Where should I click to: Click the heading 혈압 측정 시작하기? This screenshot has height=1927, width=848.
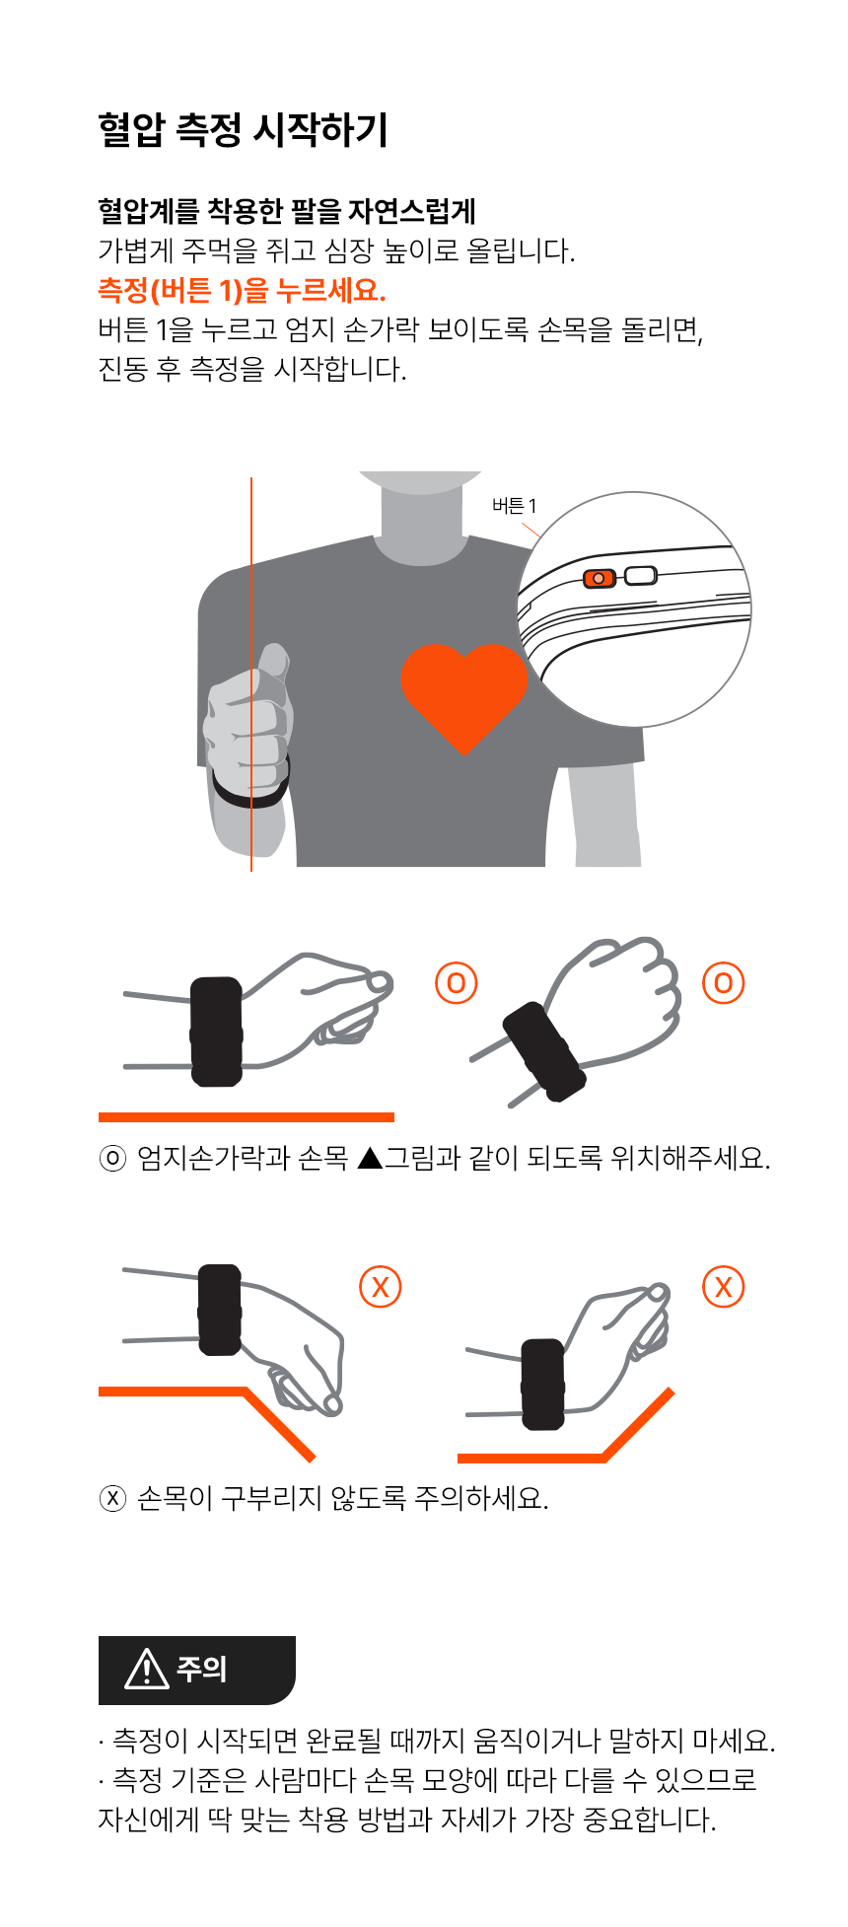tap(243, 129)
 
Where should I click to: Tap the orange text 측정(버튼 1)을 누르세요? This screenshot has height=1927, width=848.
tap(242, 290)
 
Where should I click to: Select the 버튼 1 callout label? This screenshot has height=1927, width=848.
tap(515, 506)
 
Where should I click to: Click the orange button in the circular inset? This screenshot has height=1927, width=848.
tap(600, 578)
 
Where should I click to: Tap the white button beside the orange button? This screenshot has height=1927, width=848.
tap(640, 575)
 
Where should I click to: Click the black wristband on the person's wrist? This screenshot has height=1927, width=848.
tap(250, 785)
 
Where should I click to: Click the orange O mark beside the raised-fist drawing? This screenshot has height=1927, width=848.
tap(723, 982)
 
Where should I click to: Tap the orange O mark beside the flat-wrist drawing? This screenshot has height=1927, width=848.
tap(456, 982)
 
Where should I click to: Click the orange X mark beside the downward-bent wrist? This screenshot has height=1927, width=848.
tap(381, 1286)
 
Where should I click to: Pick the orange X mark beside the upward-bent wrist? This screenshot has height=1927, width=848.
tap(724, 1286)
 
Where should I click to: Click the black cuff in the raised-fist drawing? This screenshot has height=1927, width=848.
tap(544, 1051)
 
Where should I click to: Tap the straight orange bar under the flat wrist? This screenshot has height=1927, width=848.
tap(247, 1117)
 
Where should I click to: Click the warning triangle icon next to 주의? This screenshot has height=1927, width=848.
tap(147, 1669)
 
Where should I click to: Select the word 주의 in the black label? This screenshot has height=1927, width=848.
tap(201, 1669)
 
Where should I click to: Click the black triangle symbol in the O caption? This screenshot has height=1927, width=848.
tap(370, 1157)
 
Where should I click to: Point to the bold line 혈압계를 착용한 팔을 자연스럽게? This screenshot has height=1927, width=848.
tap(287, 210)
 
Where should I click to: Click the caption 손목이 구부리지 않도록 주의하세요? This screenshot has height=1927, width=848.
tap(342, 1498)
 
